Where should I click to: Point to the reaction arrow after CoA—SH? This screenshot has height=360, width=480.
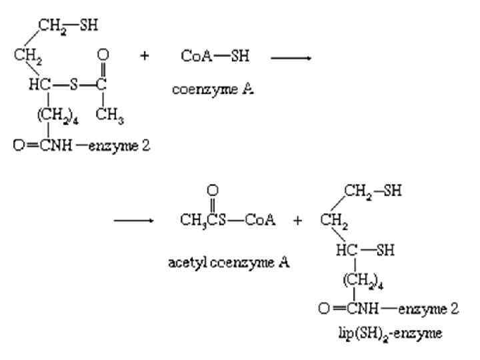point(291,57)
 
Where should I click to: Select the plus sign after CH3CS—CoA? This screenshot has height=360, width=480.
point(297,221)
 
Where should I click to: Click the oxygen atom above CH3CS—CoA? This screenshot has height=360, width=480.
point(213,190)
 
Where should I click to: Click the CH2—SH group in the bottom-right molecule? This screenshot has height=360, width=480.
point(373,191)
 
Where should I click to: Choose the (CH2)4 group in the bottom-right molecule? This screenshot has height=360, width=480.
point(359,280)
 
